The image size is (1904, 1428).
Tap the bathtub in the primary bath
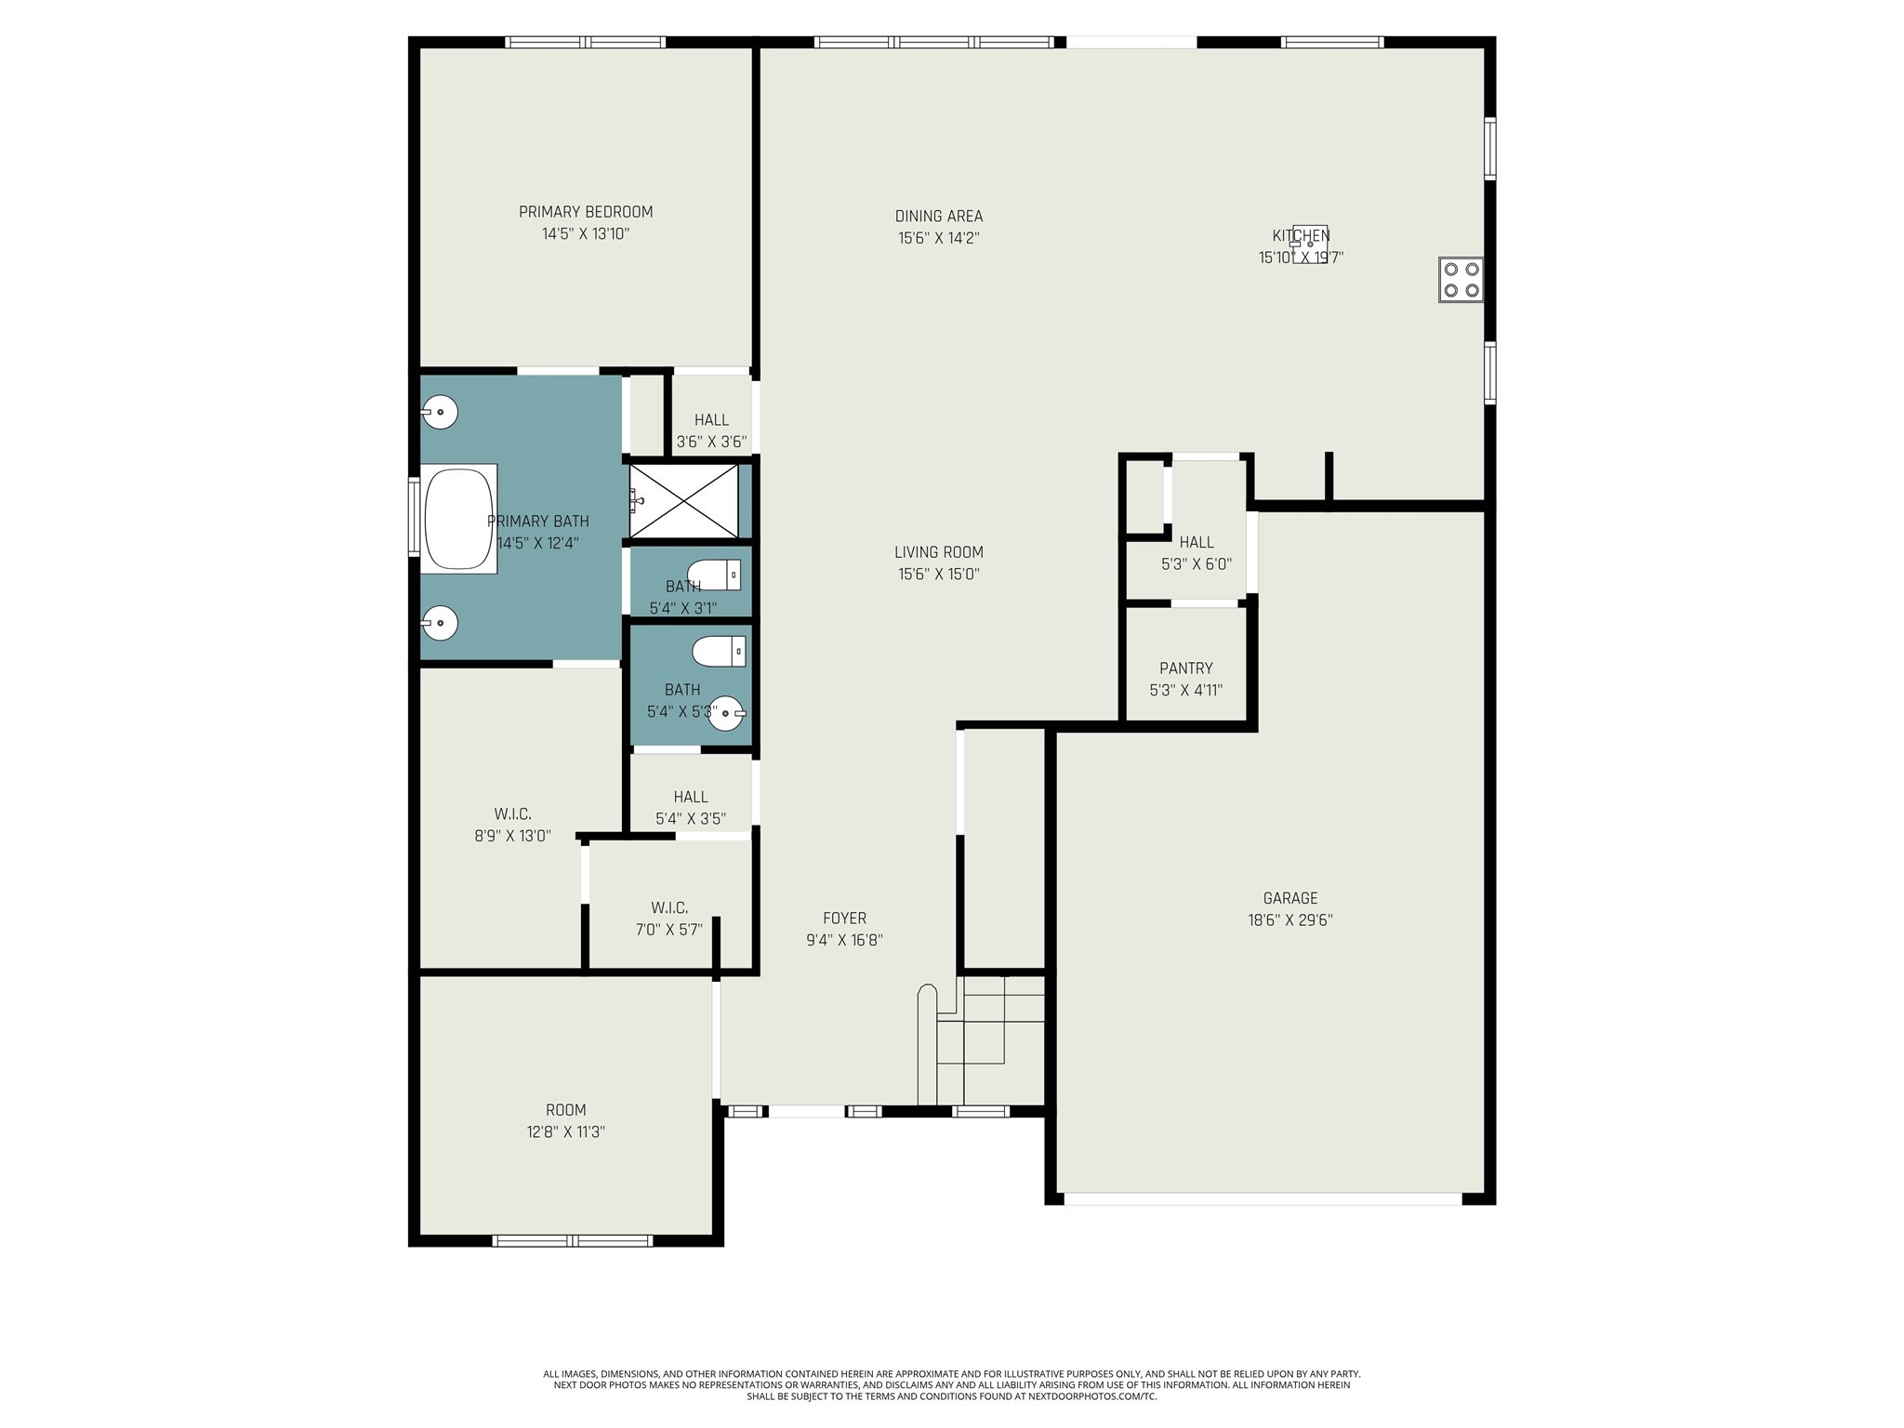click(x=459, y=519)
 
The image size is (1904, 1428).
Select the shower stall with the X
click(x=684, y=501)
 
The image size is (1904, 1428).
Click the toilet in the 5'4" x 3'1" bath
click(x=715, y=575)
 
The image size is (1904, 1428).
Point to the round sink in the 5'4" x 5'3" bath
click(x=726, y=713)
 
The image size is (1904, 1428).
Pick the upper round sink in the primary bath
click(x=441, y=411)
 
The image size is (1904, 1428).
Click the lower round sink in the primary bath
click(x=441, y=622)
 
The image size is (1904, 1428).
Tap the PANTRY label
click(x=1185, y=668)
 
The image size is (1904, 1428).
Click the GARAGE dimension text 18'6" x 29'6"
click(x=1289, y=920)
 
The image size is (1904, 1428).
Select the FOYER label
click(x=844, y=919)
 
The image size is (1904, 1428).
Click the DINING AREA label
click(x=938, y=217)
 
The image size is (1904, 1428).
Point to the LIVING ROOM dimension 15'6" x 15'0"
click(x=938, y=575)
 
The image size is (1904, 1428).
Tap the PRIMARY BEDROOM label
click(x=586, y=212)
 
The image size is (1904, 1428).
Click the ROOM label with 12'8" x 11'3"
click(x=565, y=1110)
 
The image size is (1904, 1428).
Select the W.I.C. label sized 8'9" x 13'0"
click(x=512, y=814)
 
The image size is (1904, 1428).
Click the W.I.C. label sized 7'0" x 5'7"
click(x=669, y=907)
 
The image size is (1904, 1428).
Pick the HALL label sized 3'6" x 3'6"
click(x=711, y=420)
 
